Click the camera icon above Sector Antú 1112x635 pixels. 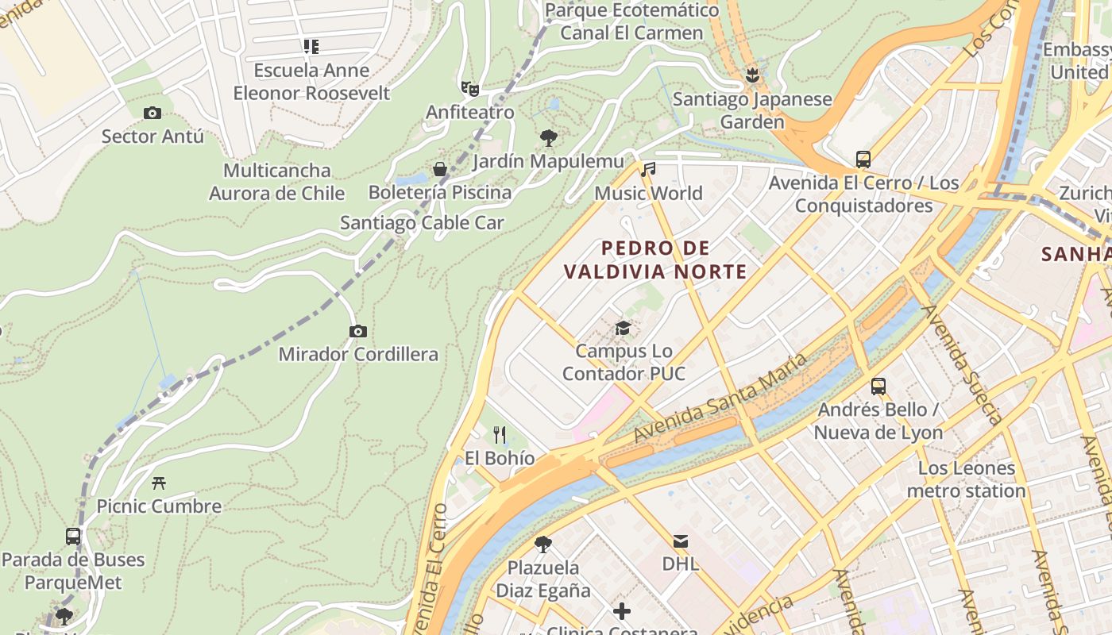click(x=153, y=114)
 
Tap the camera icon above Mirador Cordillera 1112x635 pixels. click(x=358, y=331)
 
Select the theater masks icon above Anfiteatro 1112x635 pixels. click(x=469, y=88)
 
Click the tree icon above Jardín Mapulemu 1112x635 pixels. click(x=548, y=138)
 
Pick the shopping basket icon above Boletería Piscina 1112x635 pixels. click(x=440, y=169)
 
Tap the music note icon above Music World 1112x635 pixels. click(x=649, y=169)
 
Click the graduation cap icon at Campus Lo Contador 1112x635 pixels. click(x=624, y=328)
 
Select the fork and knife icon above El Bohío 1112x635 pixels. click(x=500, y=434)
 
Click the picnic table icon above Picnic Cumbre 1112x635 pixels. click(x=159, y=483)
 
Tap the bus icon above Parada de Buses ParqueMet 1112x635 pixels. click(x=73, y=537)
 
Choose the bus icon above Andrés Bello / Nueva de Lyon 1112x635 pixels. click(x=878, y=387)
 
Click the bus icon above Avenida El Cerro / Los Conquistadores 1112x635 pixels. click(x=863, y=160)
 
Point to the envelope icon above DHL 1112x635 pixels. click(x=681, y=541)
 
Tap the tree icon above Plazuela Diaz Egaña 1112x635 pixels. click(x=543, y=545)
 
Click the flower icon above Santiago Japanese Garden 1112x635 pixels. click(x=751, y=76)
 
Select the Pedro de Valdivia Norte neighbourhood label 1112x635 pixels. click(x=655, y=260)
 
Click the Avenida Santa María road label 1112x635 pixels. click(x=720, y=398)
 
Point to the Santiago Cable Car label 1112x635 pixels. click(x=422, y=223)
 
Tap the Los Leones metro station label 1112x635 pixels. click(x=967, y=479)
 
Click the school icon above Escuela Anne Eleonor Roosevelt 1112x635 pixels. click(x=311, y=47)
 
